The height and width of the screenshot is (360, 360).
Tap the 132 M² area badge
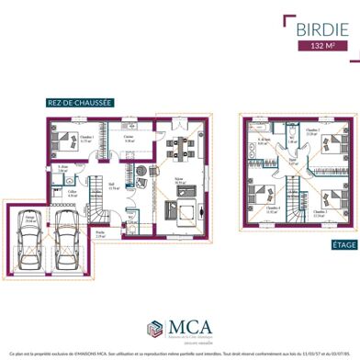click(321, 44)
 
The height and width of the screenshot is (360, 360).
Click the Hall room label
click(111, 185)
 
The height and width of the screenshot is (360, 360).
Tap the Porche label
click(99, 233)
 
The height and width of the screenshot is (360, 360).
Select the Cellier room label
click(71, 193)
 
